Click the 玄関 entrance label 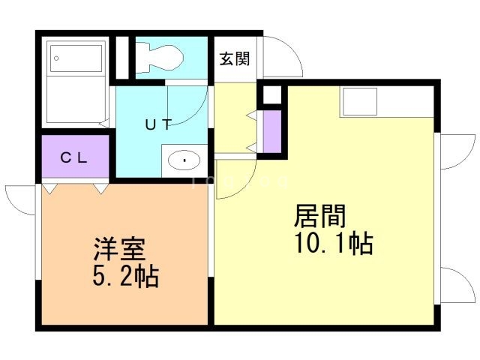click(x=234, y=59)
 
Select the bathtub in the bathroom click(x=75, y=82)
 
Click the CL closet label click(x=75, y=157)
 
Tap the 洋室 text click(x=118, y=249)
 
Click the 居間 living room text click(x=320, y=217)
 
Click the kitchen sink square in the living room click(x=360, y=101)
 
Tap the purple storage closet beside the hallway click(x=271, y=131)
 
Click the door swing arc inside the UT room click(x=187, y=101)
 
